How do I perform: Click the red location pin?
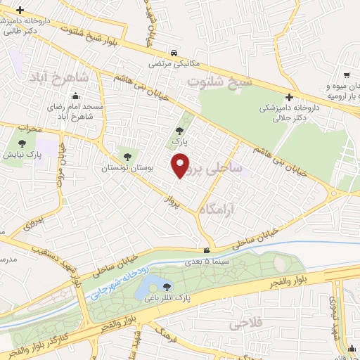pyautogui.click(x=182, y=166)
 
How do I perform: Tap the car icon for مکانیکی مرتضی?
pyautogui.click(x=173, y=53)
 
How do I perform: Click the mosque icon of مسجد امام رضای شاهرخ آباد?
pyautogui.click(x=51, y=97)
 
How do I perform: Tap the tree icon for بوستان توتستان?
pyautogui.click(x=127, y=156)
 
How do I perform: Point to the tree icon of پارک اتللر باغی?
pyautogui.click(x=167, y=285)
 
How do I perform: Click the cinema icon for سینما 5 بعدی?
pyautogui.click(x=205, y=250)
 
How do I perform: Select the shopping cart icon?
pyautogui.click(x=347, y=75)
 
